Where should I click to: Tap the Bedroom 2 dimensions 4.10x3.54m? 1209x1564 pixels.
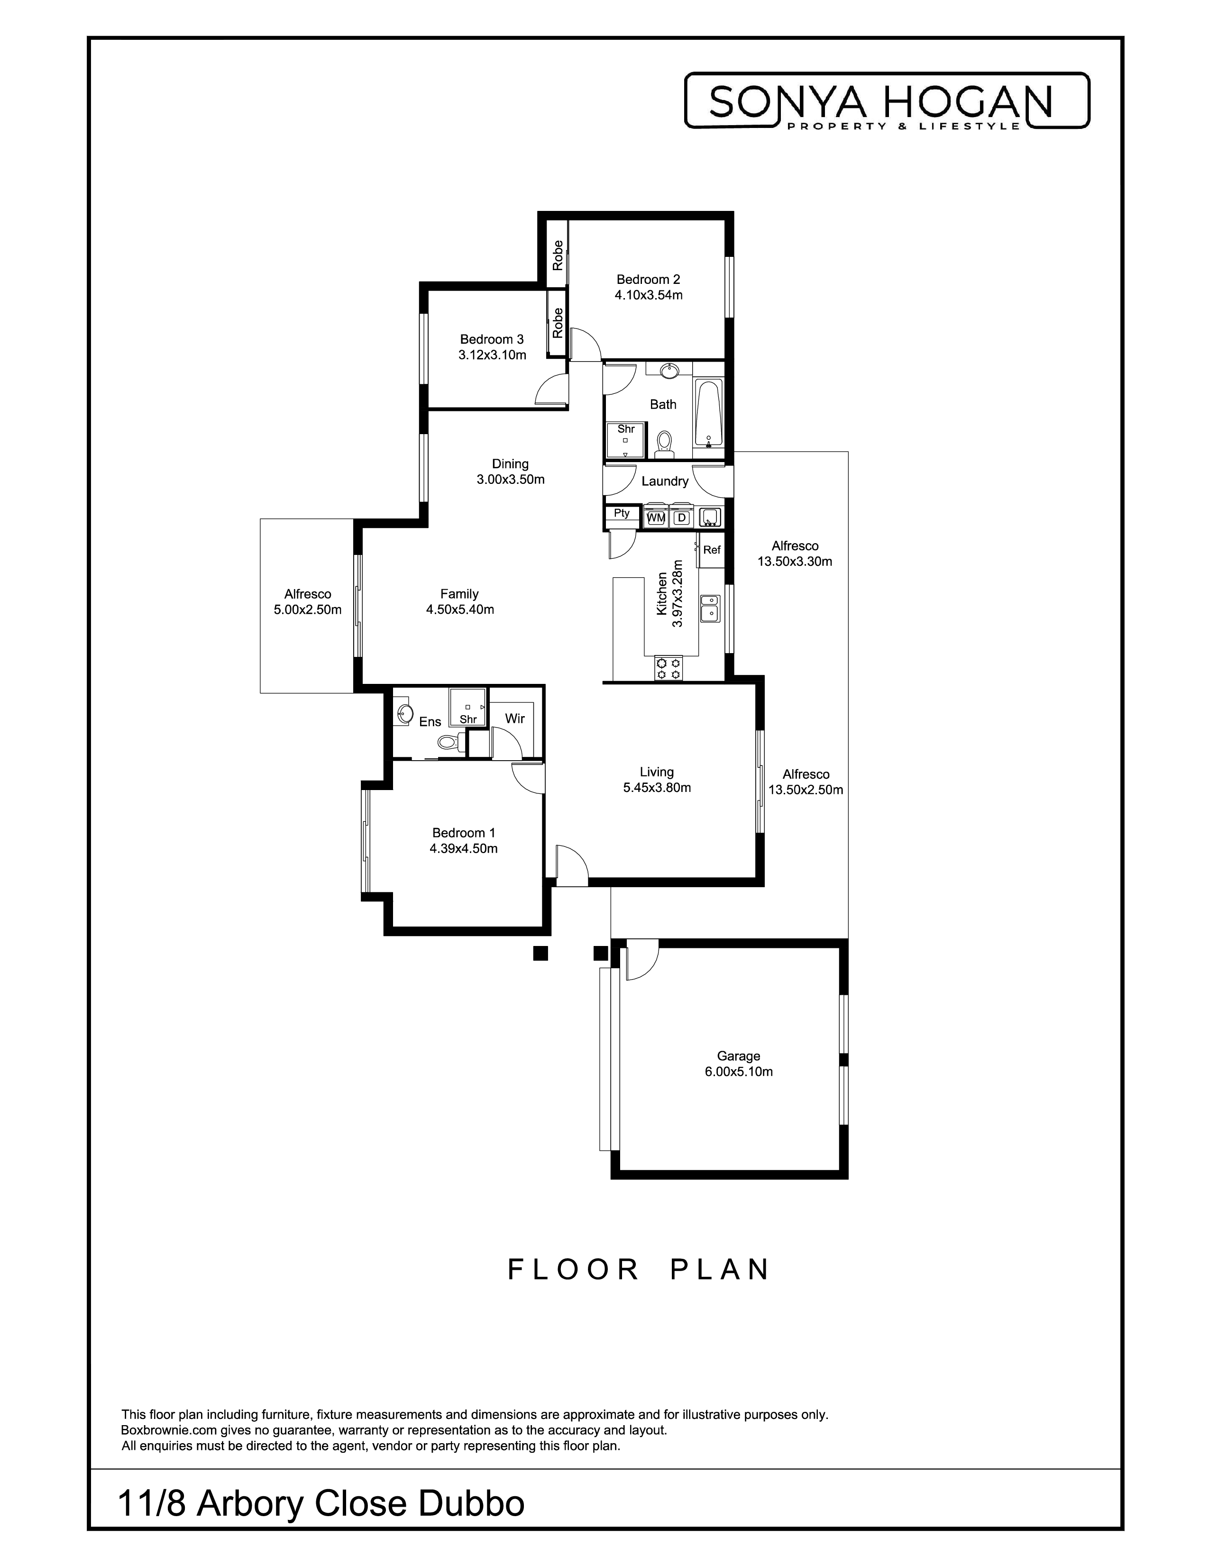(648, 295)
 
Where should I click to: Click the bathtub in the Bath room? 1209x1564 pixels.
(708, 413)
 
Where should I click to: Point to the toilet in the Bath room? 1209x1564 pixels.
(664, 445)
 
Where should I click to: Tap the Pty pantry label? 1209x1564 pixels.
(621, 513)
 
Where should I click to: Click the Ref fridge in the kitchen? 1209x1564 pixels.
(711, 550)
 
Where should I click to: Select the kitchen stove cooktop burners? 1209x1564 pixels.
(668, 669)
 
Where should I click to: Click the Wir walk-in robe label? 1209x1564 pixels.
(515, 718)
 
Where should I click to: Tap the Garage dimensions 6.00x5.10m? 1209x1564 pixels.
(738, 1072)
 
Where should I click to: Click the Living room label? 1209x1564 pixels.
(657, 772)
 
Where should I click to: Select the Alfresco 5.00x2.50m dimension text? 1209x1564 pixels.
(307, 610)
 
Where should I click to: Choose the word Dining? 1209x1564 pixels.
(510, 464)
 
